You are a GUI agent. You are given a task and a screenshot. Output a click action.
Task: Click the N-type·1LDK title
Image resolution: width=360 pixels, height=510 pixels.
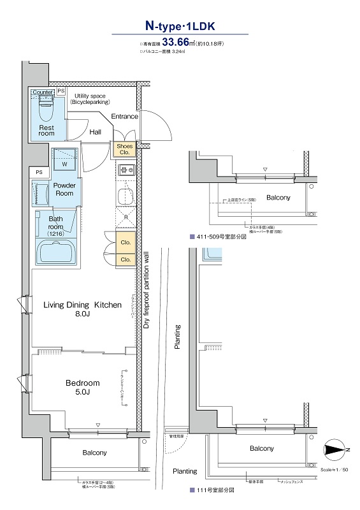tap(180, 27)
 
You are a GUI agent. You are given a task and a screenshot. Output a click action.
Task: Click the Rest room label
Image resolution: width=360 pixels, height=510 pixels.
tap(47, 131)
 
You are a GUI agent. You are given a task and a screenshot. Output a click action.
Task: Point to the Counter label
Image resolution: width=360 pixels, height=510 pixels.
tap(42, 92)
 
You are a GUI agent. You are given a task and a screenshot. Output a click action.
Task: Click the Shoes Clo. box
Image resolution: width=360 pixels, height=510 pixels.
tap(124, 149)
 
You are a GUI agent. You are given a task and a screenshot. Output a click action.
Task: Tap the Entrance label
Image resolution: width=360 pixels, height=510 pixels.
tap(124, 117)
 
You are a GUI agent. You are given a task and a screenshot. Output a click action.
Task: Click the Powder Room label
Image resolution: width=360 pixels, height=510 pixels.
tap(64, 189)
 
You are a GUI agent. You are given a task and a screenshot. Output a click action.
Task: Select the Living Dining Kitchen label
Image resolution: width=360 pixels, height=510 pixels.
tap(82, 305)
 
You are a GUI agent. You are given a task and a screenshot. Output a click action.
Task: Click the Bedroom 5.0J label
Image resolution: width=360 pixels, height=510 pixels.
tap(82, 387)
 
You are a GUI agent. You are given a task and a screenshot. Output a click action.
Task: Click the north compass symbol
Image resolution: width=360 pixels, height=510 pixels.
tap(336, 449)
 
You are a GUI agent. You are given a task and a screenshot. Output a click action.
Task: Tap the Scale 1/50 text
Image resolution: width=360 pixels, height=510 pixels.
tap(335, 469)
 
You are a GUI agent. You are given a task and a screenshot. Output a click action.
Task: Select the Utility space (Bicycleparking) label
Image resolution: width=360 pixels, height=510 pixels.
tap(90, 98)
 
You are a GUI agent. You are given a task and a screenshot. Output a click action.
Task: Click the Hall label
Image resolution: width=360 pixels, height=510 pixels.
tap(95, 132)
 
